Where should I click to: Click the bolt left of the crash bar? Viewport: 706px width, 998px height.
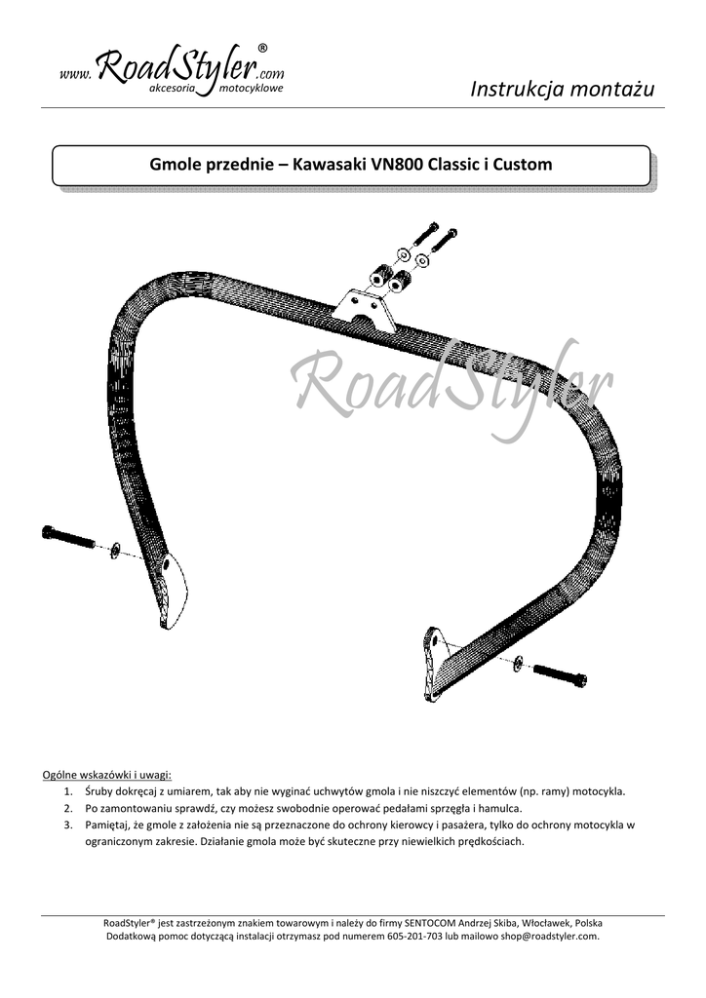(x=68, y=536)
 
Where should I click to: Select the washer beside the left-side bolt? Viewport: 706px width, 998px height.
(x=115, y=550)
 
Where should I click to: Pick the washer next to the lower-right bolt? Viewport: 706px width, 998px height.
(x=517, y=663)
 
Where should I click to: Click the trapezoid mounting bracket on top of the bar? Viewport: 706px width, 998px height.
(x=364, y=311)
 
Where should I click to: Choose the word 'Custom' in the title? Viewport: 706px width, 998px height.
(x=523, y=165)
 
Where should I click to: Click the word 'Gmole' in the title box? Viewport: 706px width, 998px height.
(x=176, y=165)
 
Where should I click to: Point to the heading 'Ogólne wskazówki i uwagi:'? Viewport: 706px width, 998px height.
(x=107, y=775)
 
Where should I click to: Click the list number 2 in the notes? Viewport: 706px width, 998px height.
(x=68, y=809)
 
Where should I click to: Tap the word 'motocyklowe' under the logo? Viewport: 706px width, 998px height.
(x=252, y=89)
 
